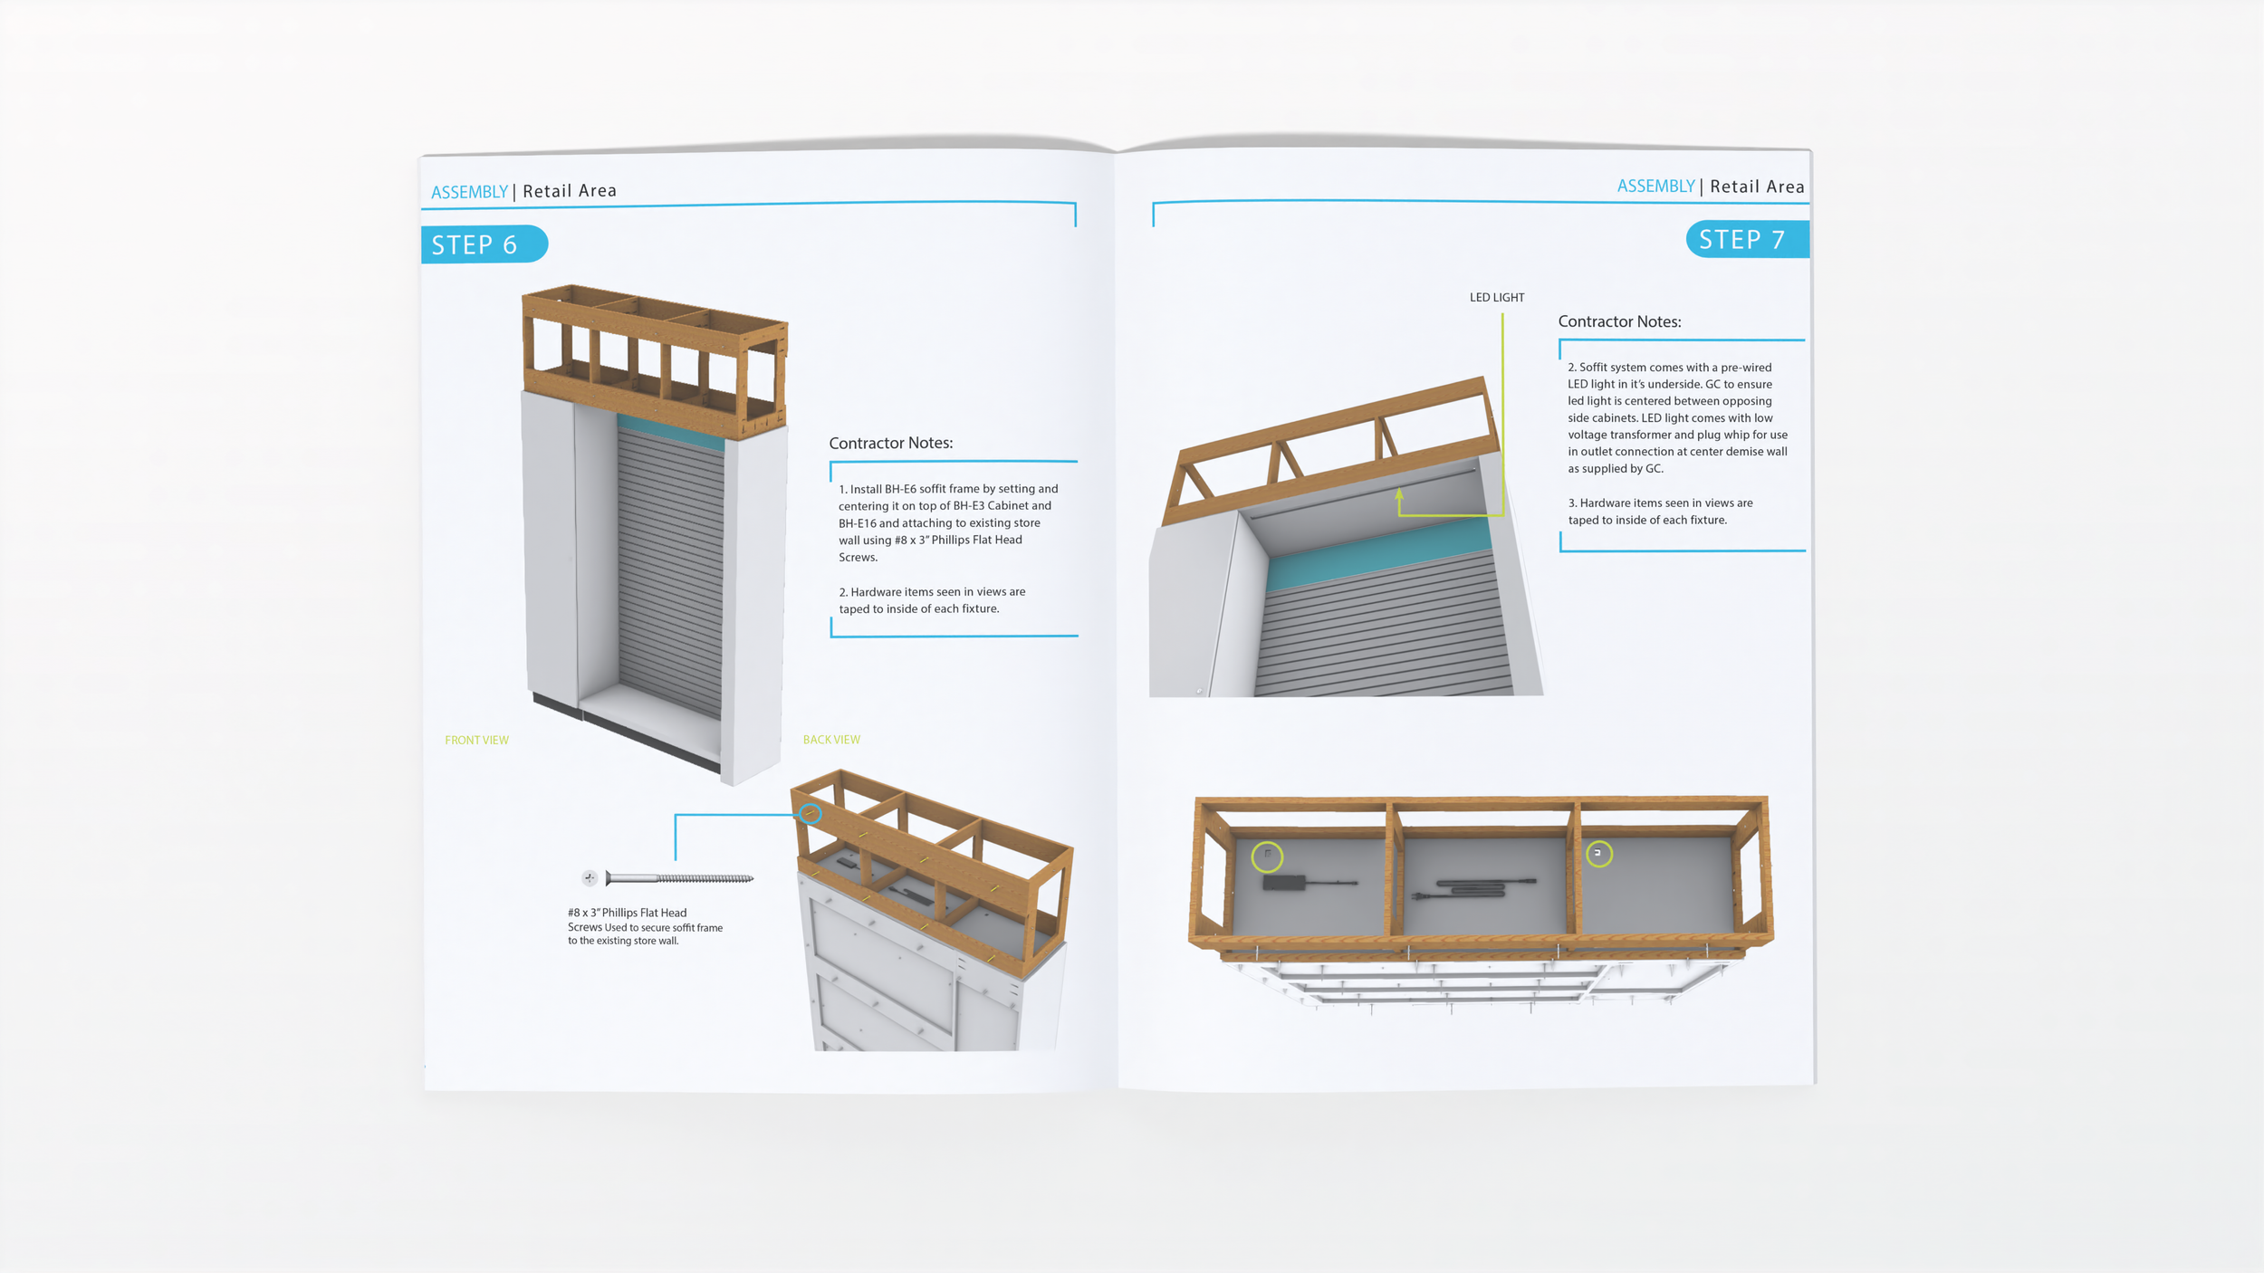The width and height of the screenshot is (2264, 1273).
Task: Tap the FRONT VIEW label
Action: tap(476, 741)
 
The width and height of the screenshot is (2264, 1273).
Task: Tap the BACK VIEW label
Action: tap(831, 740)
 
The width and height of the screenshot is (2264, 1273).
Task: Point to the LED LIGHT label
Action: tap(1496, 298)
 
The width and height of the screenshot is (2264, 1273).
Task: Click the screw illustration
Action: tap(679, 878)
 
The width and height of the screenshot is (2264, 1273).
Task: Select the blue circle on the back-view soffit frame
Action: tap(811, 814)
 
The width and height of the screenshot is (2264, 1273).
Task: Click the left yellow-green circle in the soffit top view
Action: tap(1267, 857)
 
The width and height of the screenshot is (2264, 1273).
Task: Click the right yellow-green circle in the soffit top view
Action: tap(1598, 854)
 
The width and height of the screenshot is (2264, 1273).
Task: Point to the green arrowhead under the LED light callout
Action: tap(1399, 494)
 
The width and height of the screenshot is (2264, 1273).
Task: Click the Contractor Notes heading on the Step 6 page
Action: tap(890, 443)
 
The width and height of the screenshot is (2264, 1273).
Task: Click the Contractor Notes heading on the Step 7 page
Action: tap(1619, 321)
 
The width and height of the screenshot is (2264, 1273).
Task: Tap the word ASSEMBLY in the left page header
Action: tap(469, 192)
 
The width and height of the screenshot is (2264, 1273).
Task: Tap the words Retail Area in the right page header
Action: tap(1757, 187)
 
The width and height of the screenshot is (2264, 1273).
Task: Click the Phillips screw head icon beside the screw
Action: tap(590, 877)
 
